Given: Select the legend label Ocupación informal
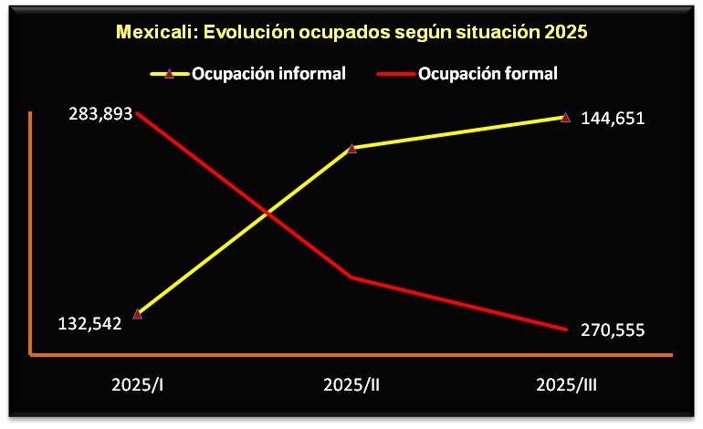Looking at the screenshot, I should coord(268,74).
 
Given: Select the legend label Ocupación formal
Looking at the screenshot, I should coord(488,74).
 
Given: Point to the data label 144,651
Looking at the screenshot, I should coord(613,118).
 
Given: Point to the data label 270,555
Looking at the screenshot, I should coord(613,330).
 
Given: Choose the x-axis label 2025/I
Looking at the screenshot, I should coord(138,384).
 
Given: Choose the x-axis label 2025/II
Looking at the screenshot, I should coord(351,384).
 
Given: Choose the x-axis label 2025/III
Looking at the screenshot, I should coord(566,384).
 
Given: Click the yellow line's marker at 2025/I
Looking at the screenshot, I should coord(138,314).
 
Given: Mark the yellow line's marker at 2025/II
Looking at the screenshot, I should coord(351,147).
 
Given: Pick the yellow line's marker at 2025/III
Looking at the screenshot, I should coord(565,117).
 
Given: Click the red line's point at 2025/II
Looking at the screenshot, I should coord(351,277).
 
